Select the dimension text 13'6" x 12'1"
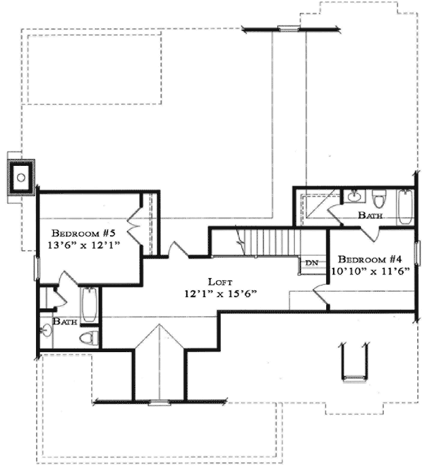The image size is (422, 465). pos(80,245)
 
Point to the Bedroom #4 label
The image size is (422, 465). pos(371,259)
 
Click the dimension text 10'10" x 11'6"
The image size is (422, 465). pos(371,271)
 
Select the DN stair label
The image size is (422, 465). pos(312,262)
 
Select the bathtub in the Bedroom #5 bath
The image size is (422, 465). pos(89,305)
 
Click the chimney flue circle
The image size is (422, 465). pos(22,177)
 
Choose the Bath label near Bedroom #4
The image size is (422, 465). pos(370,215)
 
